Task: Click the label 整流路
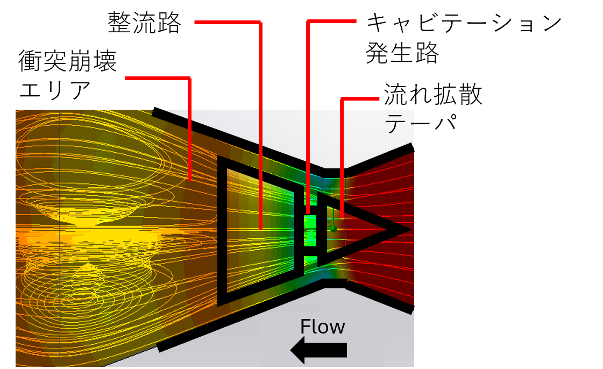[144, 23]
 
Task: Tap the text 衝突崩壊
[67, 61]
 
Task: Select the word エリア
[55, 90]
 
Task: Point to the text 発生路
[402, 53]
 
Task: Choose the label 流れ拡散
[433, 94]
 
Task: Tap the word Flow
[323, 327]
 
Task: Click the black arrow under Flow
[319, 350]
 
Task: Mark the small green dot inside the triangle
[334, 229]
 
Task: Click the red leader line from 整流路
[261, 125]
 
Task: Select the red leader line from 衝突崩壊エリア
[189, 129]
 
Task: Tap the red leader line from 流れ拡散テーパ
[342, 158]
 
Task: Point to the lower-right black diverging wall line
[380, 297]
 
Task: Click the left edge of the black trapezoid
[222, 231]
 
